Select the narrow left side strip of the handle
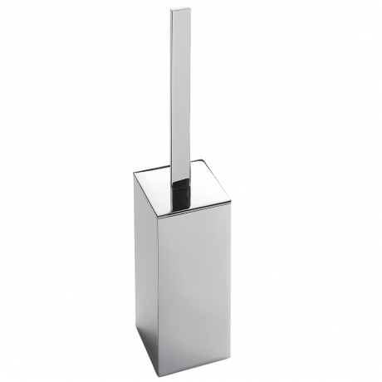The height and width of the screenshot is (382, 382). click(x=171, y=91)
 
